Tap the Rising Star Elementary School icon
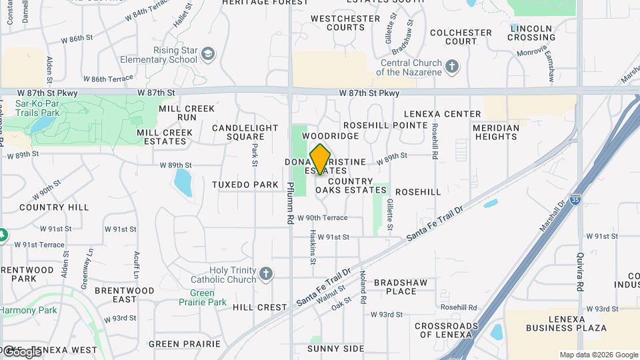pyautogui.click(x=208, y=54)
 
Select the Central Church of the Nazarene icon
pyautogui.click(x=452, y=67)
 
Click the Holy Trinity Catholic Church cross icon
pyautogui.click(x=266, y=274)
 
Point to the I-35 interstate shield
pyautogui.click(x=575, y=199)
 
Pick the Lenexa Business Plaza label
pyautogui.click(x=566, y=323)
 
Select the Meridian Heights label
pyautogui.click(x=495, y=132)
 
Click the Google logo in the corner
pyautogui.click(x=21, y=351)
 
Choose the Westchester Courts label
pyautogui.click(x=337, y=23)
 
